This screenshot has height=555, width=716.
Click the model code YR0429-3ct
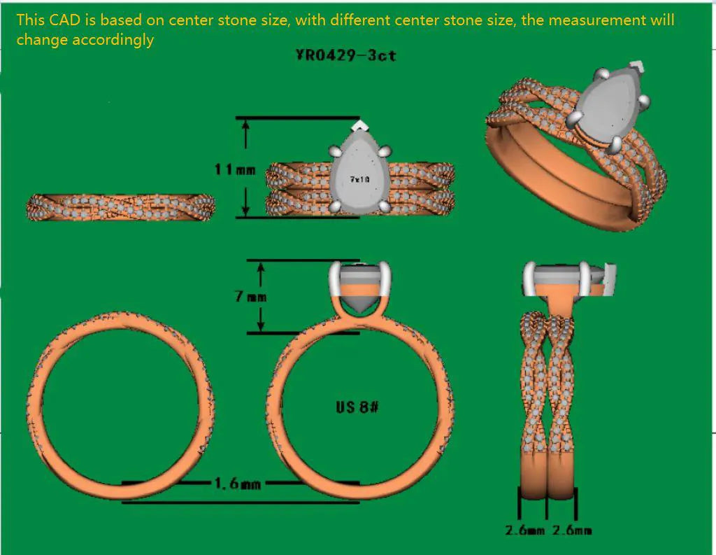click(345, 55)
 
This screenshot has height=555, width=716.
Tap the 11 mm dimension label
click(235, 170)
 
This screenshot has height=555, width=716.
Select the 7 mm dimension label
click(251, 297)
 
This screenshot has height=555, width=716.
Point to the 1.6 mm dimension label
click(238, 483)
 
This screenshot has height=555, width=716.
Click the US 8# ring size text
click(357, 407)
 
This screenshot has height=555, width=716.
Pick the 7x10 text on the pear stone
click(360, 180)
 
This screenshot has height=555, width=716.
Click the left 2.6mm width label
click(524, 531)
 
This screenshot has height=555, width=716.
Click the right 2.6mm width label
click(572, 531)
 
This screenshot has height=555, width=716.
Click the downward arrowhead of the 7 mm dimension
click(261, 325)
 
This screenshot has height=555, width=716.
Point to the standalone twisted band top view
click(121, 207)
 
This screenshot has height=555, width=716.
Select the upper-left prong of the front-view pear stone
click(335, 152)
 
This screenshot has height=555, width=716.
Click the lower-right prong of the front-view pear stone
click(385, 207)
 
